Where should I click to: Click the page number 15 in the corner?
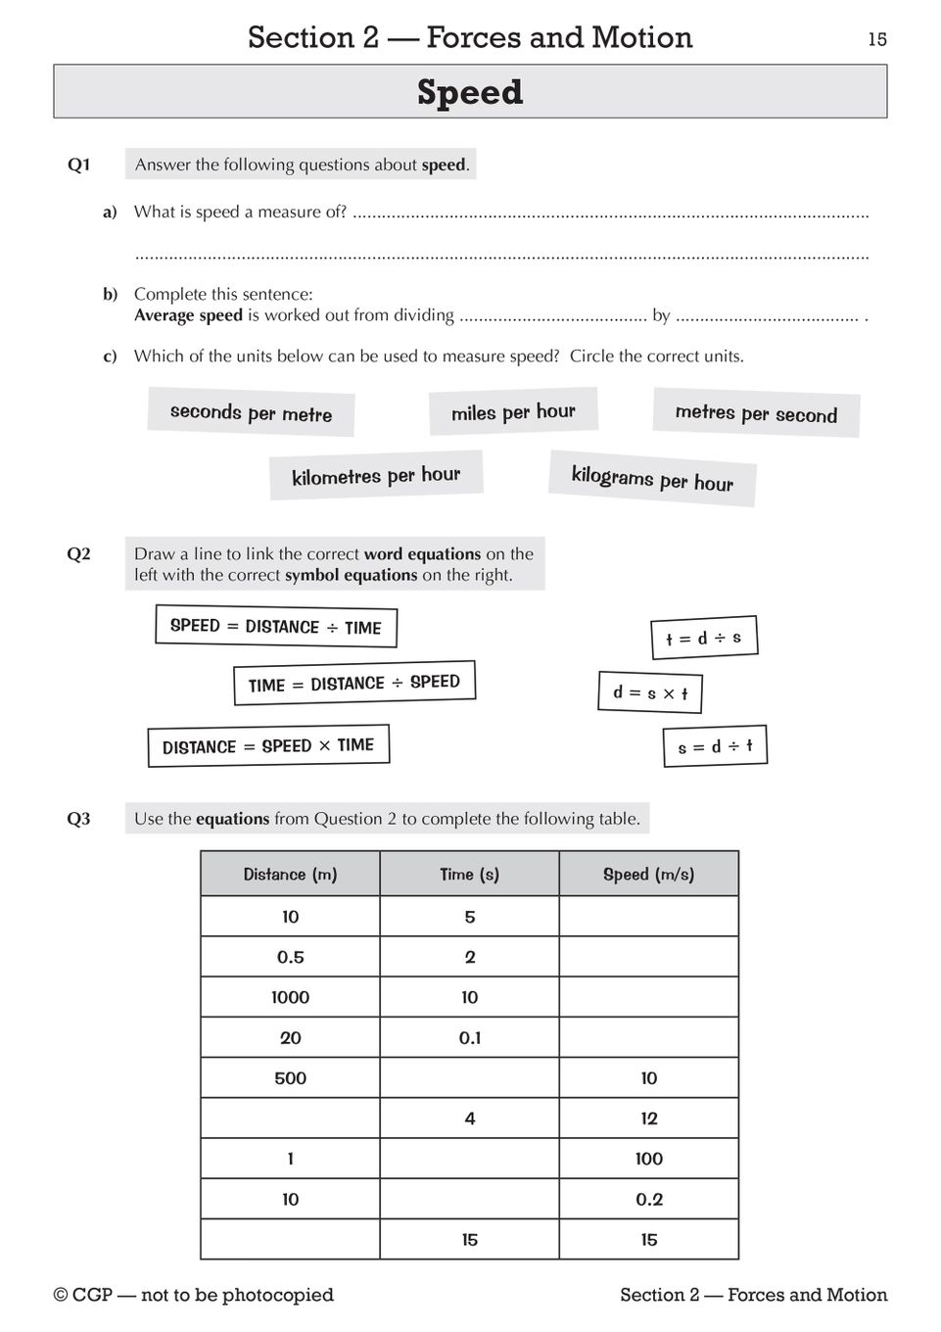pos(876,39)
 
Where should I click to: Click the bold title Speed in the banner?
pos(470,92)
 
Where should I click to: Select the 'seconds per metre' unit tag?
pos(251,412)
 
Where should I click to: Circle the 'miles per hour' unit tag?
pos(513,412)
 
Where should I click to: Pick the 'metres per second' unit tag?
pos(756,413)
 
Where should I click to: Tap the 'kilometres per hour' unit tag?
pos(376,476)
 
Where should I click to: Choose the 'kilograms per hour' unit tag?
pos(652,479)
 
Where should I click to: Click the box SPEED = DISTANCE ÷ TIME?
pos(276,627)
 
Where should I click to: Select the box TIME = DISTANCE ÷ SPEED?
pos(354,684)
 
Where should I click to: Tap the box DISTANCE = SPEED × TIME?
pos(268,746)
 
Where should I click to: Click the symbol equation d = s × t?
pos(650,693)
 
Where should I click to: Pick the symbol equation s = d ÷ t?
pos(715,747)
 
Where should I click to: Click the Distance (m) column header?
pos(290,875)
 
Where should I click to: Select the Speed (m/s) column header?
pos(648,875)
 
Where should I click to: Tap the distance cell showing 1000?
pos(290,997)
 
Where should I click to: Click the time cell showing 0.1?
pos(470,1038)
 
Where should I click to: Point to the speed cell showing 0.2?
pos(648,1199)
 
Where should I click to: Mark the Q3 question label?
pos(78,819)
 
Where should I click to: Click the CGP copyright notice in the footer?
pos(193,1295)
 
